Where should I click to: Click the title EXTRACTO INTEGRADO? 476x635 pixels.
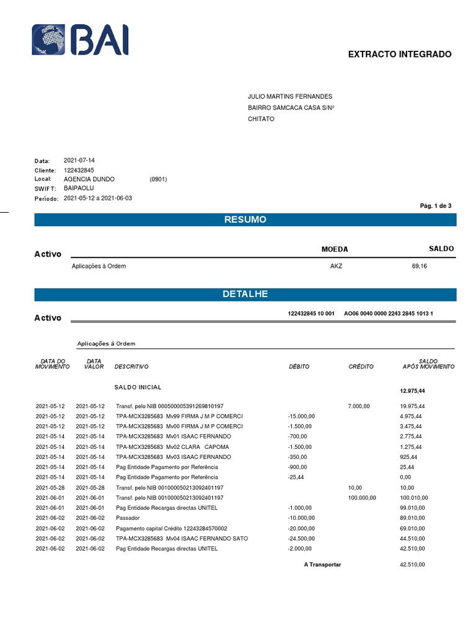point(400,55)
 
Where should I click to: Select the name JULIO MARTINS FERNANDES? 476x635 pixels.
point(289,97)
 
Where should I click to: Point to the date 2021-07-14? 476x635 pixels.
point(79,161)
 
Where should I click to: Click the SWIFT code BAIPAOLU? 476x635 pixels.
point(79,189)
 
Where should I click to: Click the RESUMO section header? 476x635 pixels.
point(245,220)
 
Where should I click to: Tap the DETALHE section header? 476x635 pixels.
point(245,294)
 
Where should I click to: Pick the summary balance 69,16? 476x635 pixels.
point(419,266)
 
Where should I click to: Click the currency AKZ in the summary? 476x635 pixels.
point(336,266)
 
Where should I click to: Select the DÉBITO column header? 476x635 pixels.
point(299,366)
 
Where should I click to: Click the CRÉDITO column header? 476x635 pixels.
point(361,366)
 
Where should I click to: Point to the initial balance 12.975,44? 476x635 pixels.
point(413,391)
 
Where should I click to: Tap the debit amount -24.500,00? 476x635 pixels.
point(302,538)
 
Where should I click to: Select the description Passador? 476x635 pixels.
point(128,518)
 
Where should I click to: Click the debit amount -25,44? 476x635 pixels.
point(297,477)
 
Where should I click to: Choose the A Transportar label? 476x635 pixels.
point(322,565)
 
